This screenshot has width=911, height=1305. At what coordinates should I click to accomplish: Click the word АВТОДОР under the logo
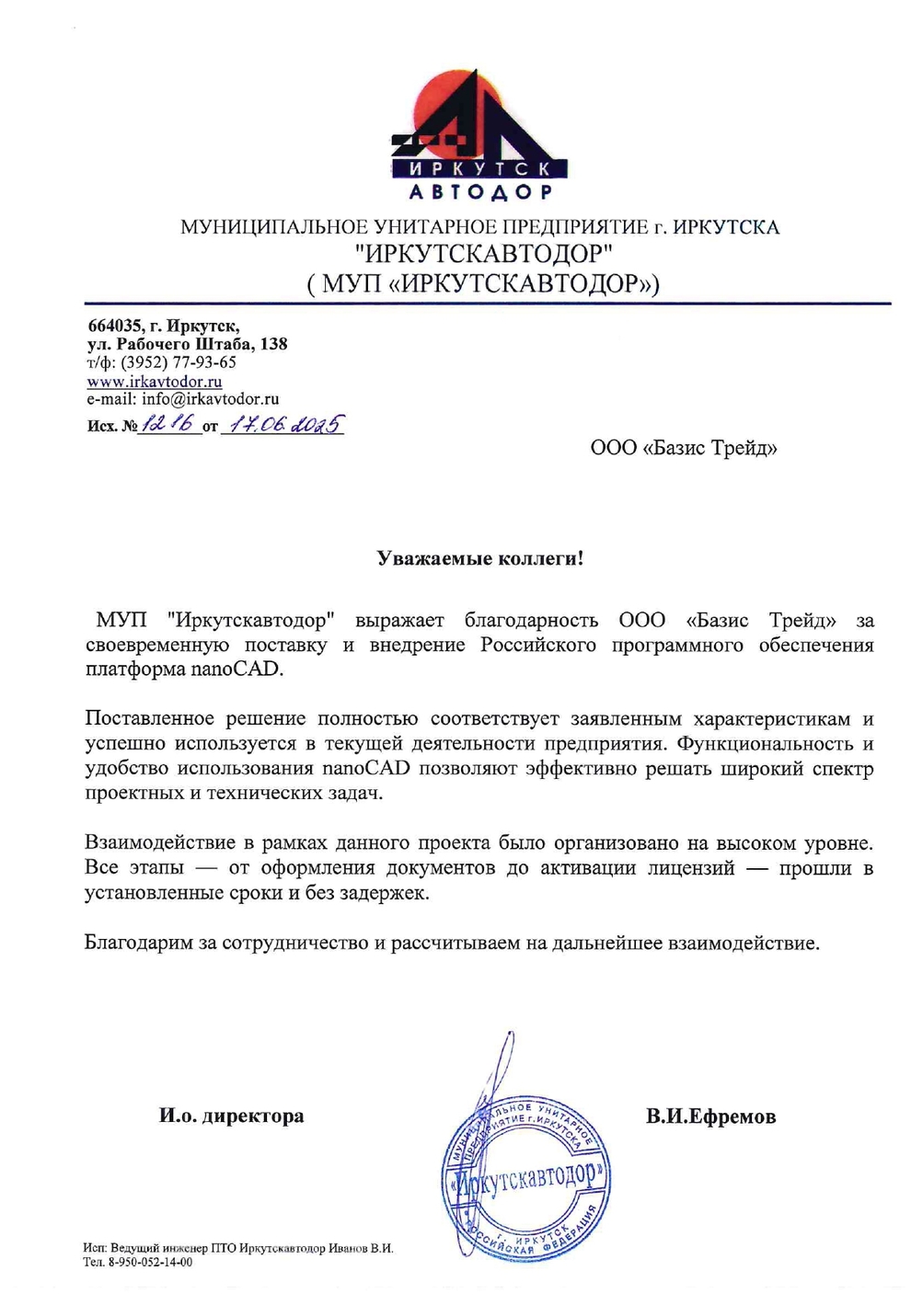[480, 192]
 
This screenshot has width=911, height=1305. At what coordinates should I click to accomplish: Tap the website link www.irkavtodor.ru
[155, 382]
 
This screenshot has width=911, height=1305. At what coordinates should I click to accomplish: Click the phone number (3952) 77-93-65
[179, 362]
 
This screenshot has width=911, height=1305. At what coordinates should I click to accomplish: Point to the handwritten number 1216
[168, 424]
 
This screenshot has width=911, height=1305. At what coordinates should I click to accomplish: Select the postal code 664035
[114, 326]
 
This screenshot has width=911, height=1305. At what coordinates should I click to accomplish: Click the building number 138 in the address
[273, 344]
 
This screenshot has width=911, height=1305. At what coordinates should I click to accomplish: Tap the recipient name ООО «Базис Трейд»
[684, 448]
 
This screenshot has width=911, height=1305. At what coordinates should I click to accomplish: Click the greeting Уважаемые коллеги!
[480, 558]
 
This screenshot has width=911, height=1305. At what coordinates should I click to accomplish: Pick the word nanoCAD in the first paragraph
[236, 669]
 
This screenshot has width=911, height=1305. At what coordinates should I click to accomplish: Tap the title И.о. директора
[231, 1116]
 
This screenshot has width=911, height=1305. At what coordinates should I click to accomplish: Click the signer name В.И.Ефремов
[710, 1116]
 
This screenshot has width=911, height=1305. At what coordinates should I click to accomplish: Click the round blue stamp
[526, 1176]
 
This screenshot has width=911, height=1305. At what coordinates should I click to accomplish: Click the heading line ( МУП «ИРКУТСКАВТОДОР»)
[482, 283]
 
